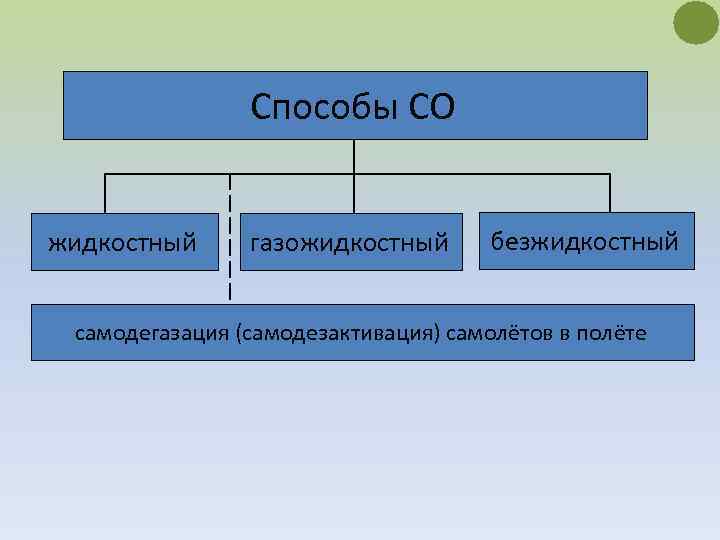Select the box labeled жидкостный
[124, 242]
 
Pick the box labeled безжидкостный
[585, 241]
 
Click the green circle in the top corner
[696, 23]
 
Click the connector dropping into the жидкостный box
[106, 194]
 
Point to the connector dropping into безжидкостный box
[609, 194]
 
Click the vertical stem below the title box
[354, 156]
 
